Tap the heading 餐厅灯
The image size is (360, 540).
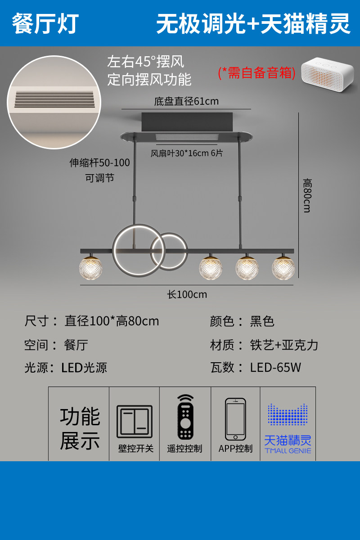(x=45, y=23)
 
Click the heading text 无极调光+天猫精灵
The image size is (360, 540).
(x=253, y=23)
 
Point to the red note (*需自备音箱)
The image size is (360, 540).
(x=256, y=72)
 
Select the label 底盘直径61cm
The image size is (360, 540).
(x=186, y=101)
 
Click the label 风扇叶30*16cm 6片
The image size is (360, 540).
(x=186, y=153)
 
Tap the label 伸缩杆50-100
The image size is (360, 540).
(x=99, y=163)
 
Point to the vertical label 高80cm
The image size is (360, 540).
(x=307, y=195)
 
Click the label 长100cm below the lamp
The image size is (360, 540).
(x=187, y=295)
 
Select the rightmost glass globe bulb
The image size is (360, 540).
(x=283, y=268)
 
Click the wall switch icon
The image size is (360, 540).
(x=135, y=422)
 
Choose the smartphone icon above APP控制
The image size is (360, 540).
(x=235, y=419)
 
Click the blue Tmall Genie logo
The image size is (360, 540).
(x=288, y=428)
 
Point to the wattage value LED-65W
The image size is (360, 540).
(x=275, y=367)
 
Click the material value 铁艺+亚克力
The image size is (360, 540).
(x=284, y=345)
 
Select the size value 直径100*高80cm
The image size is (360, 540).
(x=112, y=321)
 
